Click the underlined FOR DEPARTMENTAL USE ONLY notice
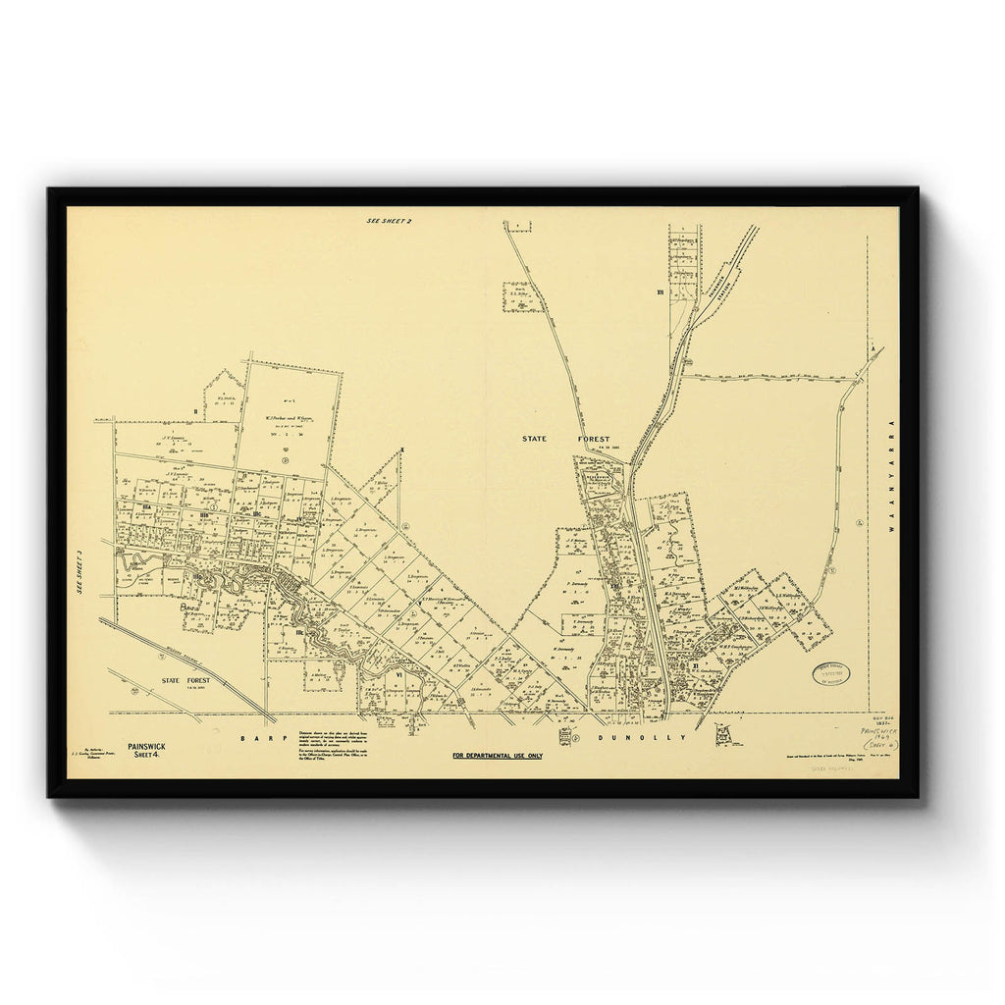pyautogui.click(x=497, y=756)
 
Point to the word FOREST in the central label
pyautogui.click(x=593, y=439)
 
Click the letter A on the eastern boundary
pyautogui.click(x=872, y=348)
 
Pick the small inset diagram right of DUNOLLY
pyautogui.click(x=724, y=734)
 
